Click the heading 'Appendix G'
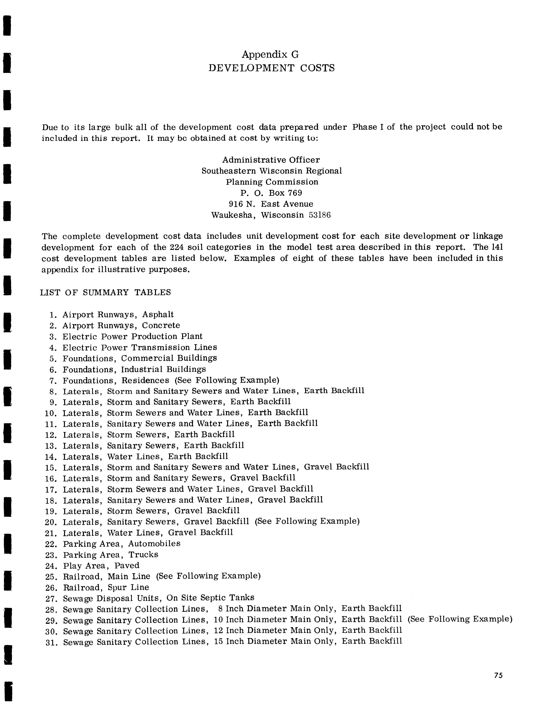pyautogui.click(x=270, y=54)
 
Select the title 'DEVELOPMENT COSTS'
pyautogui.click(x=272, y=68)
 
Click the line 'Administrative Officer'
pyautogui.click(x=271, y=160)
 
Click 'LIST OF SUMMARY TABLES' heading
pyautogui.click(x=105, y=292)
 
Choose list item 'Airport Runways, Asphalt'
pyautogui.click(x=118, y=315)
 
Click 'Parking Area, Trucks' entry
pyautogui.click(x=111, y=555)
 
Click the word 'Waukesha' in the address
pyautogui.click(x=233, y=215)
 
